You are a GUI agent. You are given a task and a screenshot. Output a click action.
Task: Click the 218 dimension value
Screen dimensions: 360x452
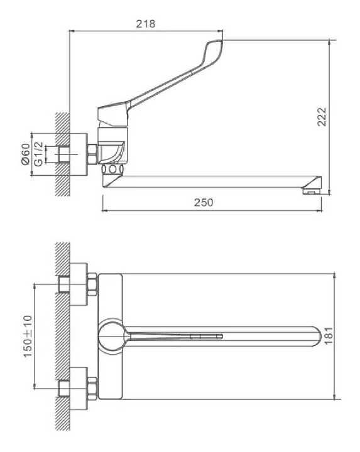pyautogui.click(x=146, y=24)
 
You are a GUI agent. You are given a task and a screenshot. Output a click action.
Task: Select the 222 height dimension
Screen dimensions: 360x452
pyautogui.click(x=322, y=117)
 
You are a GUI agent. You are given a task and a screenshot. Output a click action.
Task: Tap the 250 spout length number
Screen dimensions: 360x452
pyautogui.click(x=204, y=202)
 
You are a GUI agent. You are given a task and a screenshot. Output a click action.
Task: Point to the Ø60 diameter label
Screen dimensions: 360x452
pyautogui.click(x=25, y=154)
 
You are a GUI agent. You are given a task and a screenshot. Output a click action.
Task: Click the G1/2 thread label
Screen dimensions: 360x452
pyautogui.click(x=38, y=154)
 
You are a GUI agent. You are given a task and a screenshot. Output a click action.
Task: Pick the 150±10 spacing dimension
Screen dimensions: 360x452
pyautogui.click(x=28, y=336)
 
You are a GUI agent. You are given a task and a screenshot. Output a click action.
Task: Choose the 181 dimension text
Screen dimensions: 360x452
pyautogui.click(x=329, y=335)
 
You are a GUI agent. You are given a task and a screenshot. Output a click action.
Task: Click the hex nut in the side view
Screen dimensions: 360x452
pyautogui.click(x=92, y=154)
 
